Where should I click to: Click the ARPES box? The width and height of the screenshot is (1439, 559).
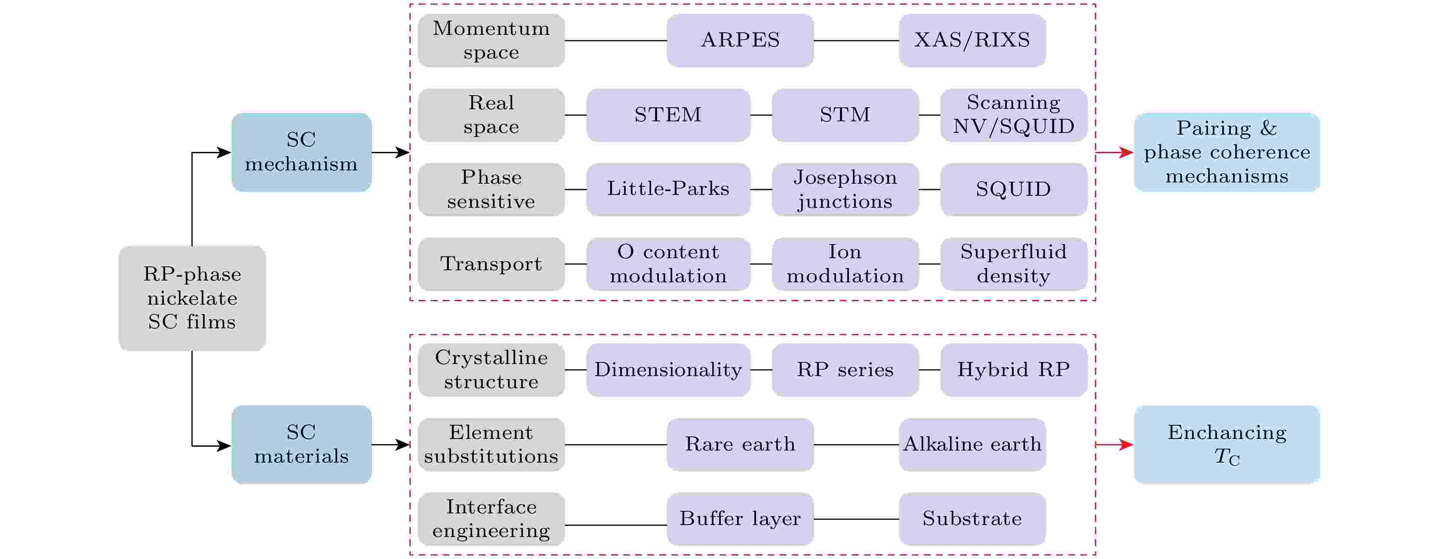(x=740, y=40)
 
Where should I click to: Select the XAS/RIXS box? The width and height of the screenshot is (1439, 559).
(x=972, y=40)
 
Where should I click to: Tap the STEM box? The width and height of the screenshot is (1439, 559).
(x=668, y=115)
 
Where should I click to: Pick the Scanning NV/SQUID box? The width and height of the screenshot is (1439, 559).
(x=1014, y=115)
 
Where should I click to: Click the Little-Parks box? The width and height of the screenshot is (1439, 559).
(x=668, y=189)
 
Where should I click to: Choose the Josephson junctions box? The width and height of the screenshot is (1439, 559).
(x=845, y=189)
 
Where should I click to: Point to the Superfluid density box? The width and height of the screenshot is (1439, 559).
(x=1014, y=264)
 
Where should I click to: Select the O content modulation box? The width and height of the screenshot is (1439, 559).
(x=668, y=264)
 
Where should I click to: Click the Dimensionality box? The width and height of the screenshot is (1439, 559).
(x=668, y=370)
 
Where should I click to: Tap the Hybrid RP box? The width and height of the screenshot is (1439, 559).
(x=1014, y=370)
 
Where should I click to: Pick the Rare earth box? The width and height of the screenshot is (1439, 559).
(x=740, y=445)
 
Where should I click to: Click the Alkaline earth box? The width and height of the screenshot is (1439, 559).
(x=972, y=445)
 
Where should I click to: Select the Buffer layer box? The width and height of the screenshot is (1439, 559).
(x=740, y=519)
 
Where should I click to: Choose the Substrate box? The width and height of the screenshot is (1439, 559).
(x=972, y=519)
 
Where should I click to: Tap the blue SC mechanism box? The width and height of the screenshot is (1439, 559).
(x=301, y=152)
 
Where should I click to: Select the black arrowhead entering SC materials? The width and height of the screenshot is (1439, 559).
(x=224, y=445)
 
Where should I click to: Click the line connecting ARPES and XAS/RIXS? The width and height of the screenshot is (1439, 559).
(x=856, y=40)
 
